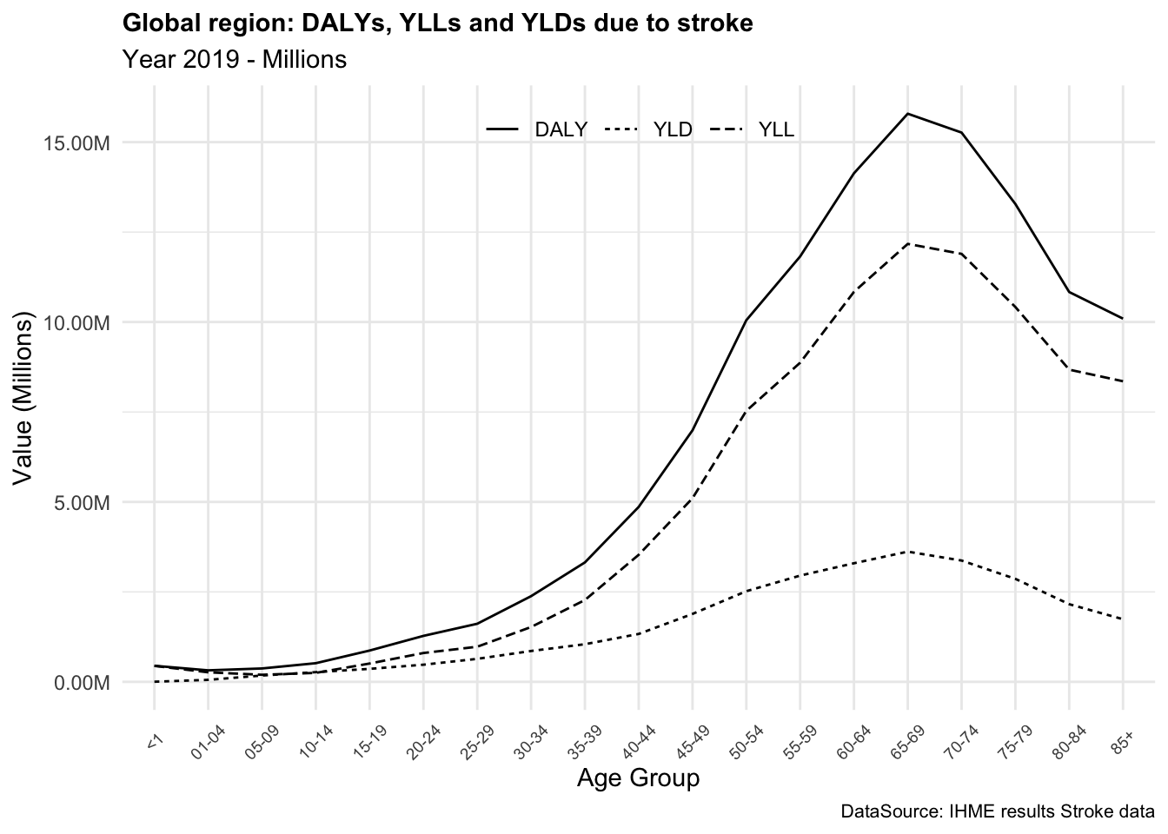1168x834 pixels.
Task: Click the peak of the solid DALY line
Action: [907, 114]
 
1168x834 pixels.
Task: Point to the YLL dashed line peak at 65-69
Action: [907, 244]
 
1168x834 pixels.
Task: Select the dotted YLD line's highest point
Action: [907, 552]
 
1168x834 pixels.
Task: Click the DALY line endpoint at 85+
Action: [1122, 318]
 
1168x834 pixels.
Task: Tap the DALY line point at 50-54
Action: [746, 321]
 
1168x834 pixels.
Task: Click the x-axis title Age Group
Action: [638, 778]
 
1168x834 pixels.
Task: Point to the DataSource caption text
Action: [998, 812]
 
